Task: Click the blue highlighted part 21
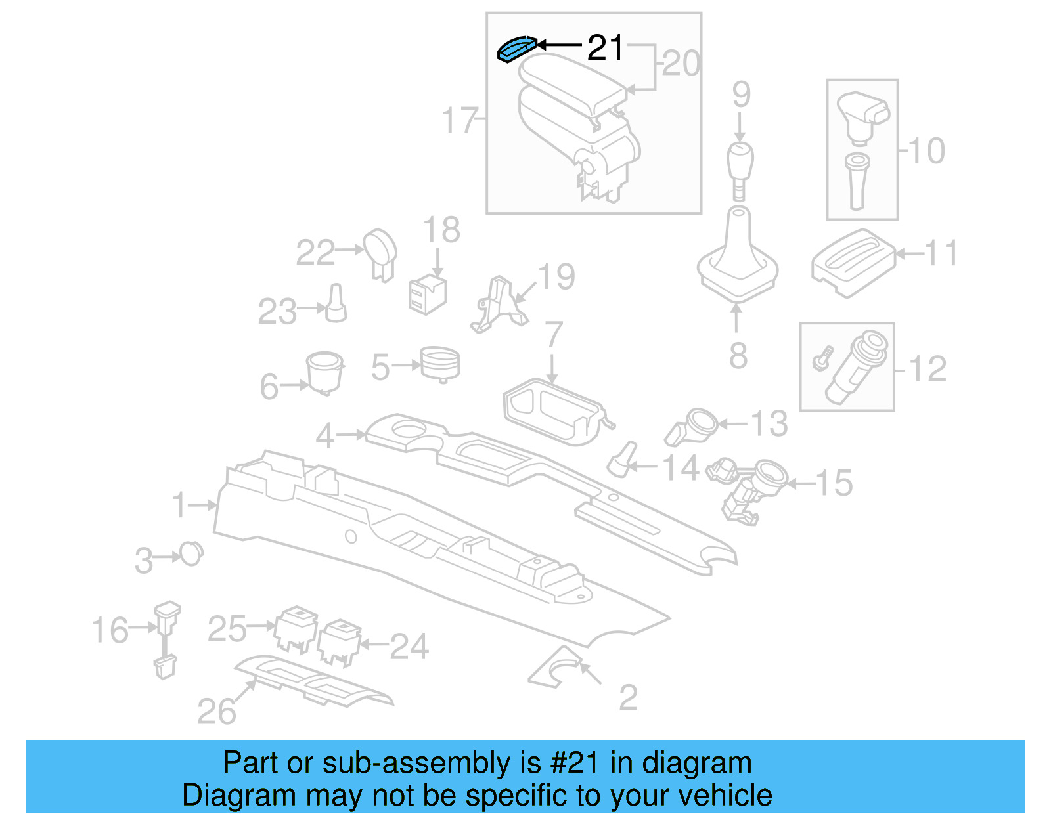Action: pyautogui.click(x=516, y=49)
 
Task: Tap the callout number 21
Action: pyautogui.click(x=604, y=48)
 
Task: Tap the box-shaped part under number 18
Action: pyautogui.click(x=427, y=294)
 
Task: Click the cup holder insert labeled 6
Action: pyautogui.click(x=324, y=372)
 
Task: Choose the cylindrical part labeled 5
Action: pyautogui.click(x=439, y=363)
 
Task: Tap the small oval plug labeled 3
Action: pyautogui.click(x=191, y=554)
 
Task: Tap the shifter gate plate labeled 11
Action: pyautogui.click(x=853, y=263)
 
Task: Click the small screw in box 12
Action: pyautogui.click(x=822, y=358)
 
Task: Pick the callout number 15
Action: pyautogui.click(x=834, y=483)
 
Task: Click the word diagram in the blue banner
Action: pyautogui.click(x=696, y=763)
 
